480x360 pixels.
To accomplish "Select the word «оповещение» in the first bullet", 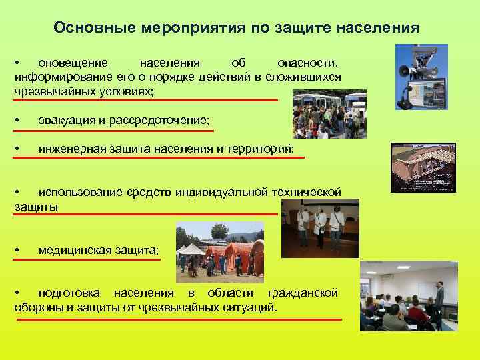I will (x=73, y=63).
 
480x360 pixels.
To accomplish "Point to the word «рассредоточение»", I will (x=161, y=119).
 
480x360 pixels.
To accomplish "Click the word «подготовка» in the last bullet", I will (x=69, y=293).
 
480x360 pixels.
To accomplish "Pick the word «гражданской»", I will (x=302, y=293).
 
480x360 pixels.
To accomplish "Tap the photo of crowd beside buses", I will (x=329, y=114).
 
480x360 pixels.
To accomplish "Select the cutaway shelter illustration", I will (x=423, y=167).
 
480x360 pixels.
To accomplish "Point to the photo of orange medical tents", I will (x=219, y=253).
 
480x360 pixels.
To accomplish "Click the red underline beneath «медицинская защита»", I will (x=87, y=259).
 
